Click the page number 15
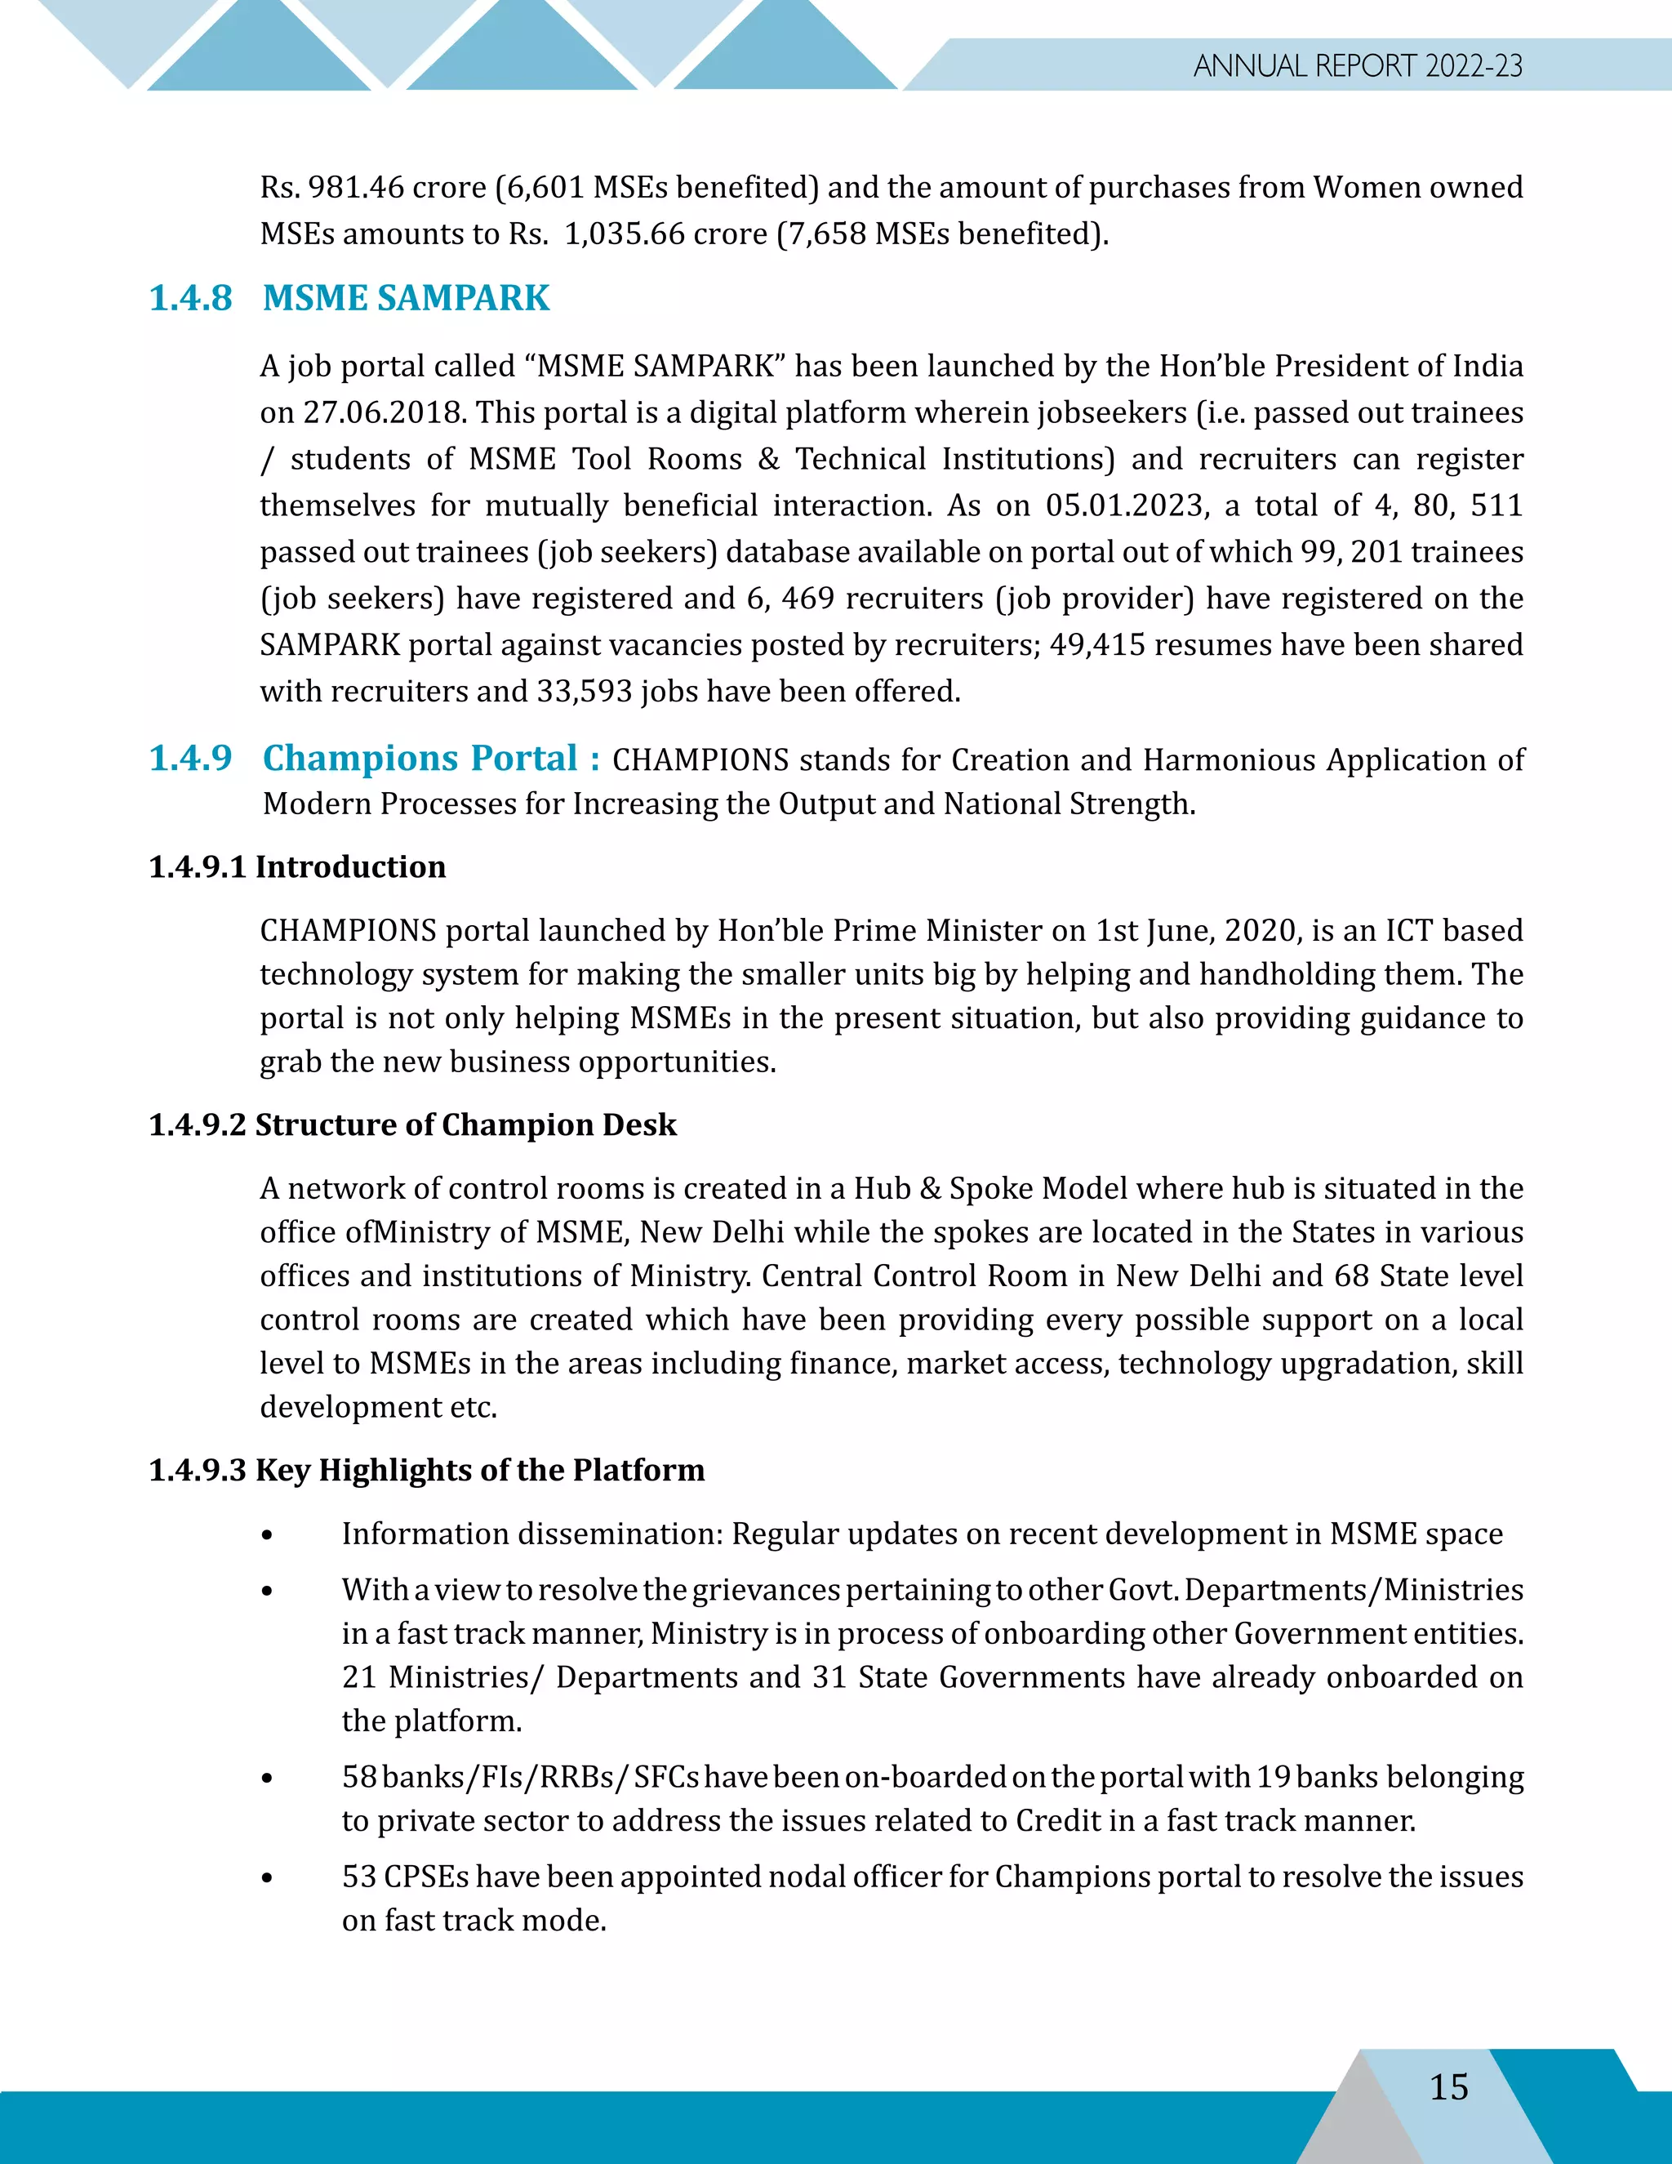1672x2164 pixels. pos(1448,2086)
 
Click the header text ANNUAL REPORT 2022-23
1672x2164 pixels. pos(1357,65)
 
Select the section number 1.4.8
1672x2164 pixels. pos(190,297)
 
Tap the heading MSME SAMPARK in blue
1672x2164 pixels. pos(405,297)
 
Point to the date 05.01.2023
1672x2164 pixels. pos(1126,505)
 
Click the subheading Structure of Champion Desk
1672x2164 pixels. pos(465,1124)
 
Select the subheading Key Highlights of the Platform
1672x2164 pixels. pos(479,1469)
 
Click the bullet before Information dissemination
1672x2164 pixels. pos(266,1535)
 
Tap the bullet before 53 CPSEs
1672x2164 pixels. pos(266,1877)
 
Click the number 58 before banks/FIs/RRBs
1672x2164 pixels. pos(358,1777)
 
